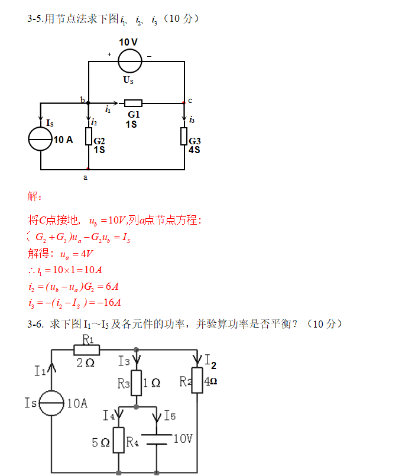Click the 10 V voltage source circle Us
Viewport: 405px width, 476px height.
point(130,61)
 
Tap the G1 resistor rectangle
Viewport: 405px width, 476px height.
point(133,103)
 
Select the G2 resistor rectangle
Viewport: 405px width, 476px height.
point(89,137)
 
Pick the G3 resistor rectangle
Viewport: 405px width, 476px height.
point(184,137)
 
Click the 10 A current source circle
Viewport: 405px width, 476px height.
point(40,139)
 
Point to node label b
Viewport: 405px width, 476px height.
point(83,99)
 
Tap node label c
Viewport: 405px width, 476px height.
point(190,101)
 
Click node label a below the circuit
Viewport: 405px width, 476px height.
point(85,177)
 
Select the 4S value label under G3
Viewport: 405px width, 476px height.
point(195,150)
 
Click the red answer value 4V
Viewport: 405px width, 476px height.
point(86,254)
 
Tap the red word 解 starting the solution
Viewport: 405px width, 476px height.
point(33,196)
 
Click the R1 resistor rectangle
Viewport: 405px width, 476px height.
point(87,350)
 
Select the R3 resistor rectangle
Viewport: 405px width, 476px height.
point(137,383)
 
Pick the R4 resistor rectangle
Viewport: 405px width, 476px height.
point(119,440)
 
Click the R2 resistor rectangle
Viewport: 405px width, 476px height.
point(197,380)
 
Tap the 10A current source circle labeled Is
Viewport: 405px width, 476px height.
point(51,403)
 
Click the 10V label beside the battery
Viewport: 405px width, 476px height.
point(183,439)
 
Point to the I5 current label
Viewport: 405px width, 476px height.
point(170,415)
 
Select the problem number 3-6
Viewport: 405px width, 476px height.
point(35,324)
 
